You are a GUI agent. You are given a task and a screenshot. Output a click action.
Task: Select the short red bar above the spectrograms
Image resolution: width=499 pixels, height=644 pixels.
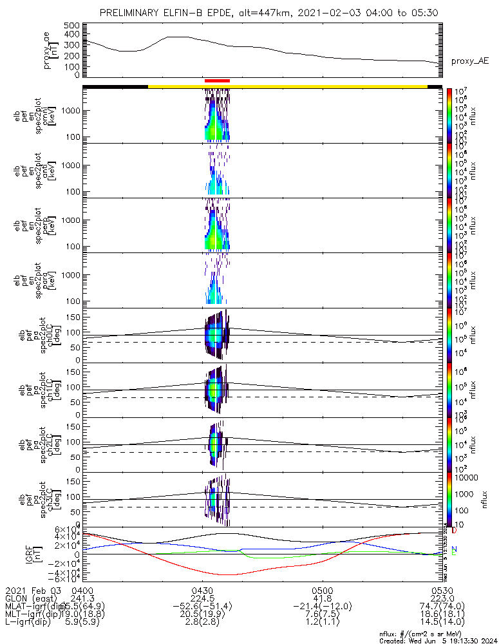(217, 80)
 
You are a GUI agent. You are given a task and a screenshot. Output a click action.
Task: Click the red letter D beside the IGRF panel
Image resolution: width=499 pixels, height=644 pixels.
(454, 531)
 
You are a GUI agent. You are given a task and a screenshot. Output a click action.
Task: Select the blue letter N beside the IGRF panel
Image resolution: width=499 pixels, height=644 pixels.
(454, 549)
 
